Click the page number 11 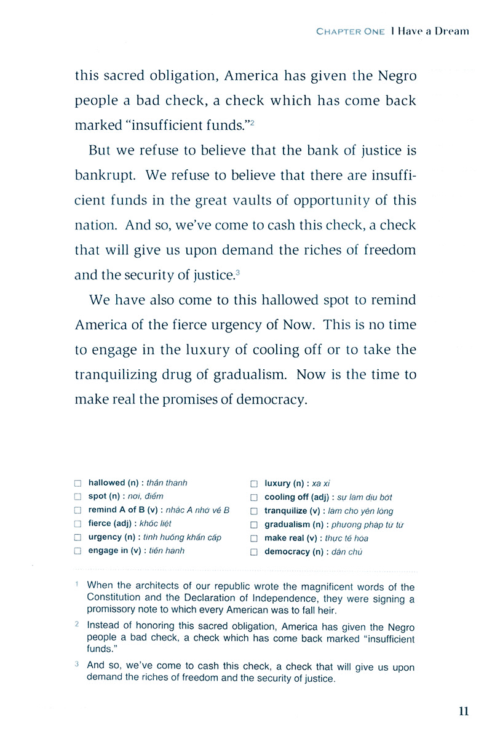[x=463, y=711]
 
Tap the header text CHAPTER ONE [x=350, y=31]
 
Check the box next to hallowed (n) [x=77, y=484]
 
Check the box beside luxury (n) [x=254, y=484]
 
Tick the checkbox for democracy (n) [x=254, y=552]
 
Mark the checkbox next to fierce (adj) [x=77, y=524]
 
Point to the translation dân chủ [x=347, y=552]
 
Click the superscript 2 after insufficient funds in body [x=252, y=124]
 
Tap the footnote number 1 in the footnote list [x=76, y=585]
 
